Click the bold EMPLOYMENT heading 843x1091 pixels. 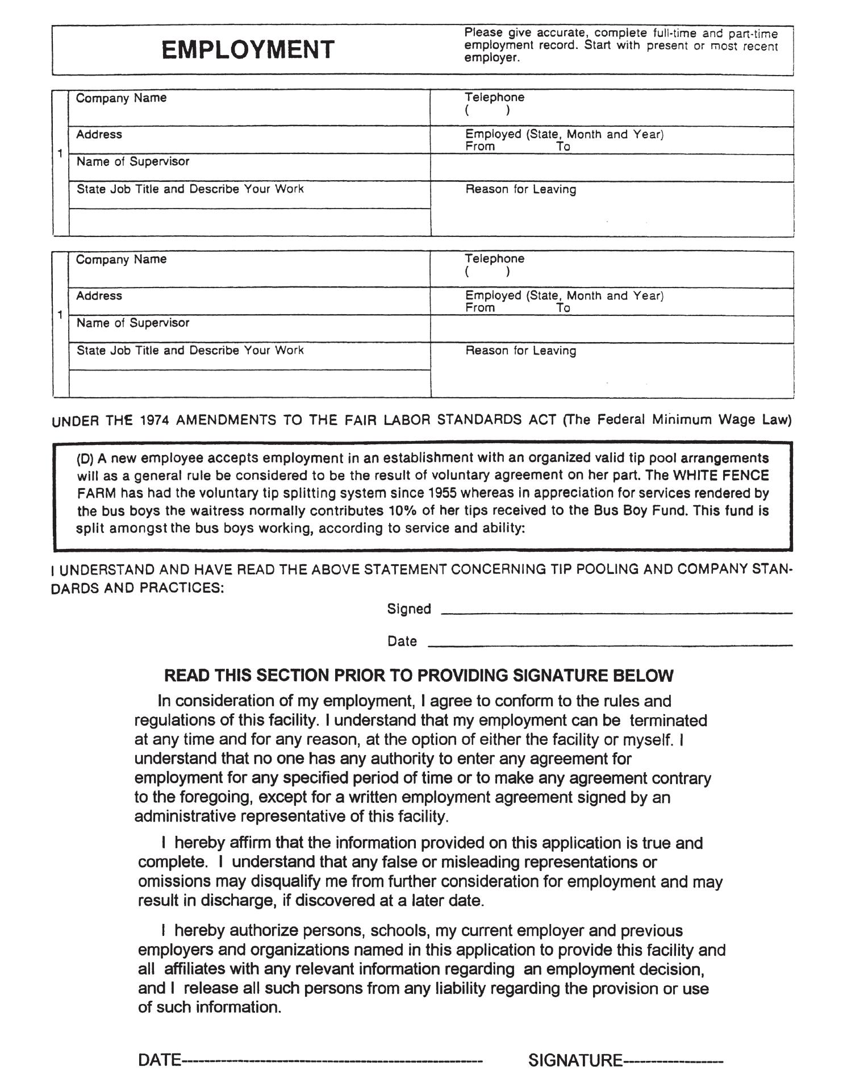click(x=248, y=50)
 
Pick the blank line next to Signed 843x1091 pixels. click(x=616, y=613)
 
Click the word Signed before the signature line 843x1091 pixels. click(x=409, y=609)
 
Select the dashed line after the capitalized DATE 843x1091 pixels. click(x=332, y=1060)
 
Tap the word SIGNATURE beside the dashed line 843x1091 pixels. click(x=575, y=1060)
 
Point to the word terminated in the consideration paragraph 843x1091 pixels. click(x=668, y=721)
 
